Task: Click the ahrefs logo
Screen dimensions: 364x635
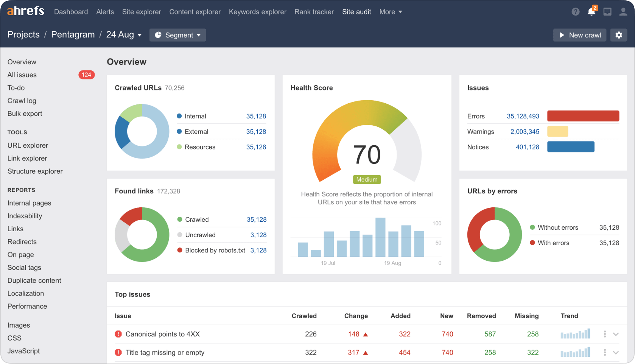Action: [x=26, y=11]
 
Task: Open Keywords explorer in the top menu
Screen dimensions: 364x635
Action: [x=257, y=12]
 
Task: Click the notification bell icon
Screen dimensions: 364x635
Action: [x=591, y=12]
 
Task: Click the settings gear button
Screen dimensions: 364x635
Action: [x=619, y=35]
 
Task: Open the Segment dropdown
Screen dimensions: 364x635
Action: [x=178, y=35]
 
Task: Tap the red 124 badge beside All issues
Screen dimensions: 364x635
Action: [x=87, y=75]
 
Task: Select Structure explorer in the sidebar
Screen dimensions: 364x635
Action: [x=35, y=171]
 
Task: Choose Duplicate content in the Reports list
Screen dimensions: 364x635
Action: [x=34, y=280]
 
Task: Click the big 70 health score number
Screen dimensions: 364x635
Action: [x=367, y=155]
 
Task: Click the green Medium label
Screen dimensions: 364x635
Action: [x=367, y=179]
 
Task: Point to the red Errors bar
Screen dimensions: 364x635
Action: [x=583, y=116]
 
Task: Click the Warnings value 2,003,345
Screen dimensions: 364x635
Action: [x=524, y=132]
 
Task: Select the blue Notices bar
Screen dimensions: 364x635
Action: [x=571, y=147]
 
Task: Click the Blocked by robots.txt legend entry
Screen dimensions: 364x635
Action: [x=215, y=250]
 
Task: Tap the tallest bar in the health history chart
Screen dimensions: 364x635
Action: [x=380, y=237]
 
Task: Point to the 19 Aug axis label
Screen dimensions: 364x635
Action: [x=392, y=263]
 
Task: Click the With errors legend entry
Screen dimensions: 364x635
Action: [x=553, y=243]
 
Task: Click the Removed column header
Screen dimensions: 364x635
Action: [x=481, y=316]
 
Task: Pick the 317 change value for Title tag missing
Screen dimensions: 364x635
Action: [x=353, y=352]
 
